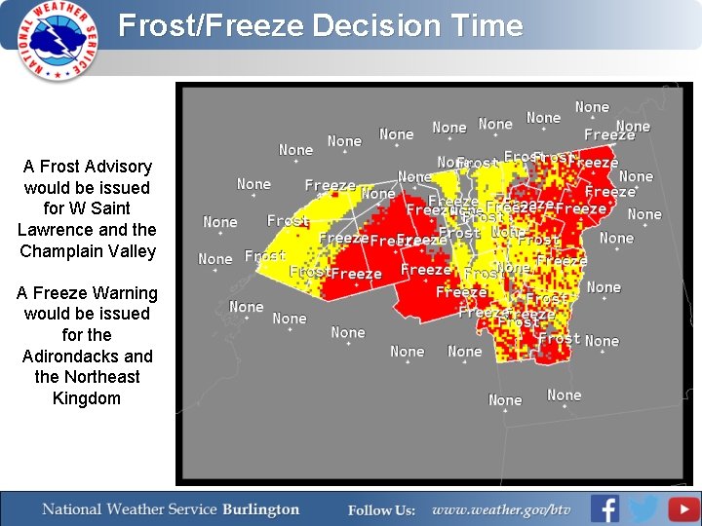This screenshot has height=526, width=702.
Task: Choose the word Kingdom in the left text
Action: [87, 398]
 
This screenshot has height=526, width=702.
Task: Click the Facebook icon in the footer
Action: [605, 508]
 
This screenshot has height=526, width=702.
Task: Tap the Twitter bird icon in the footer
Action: [643, 508]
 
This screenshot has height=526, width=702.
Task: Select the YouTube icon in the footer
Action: [683, 508]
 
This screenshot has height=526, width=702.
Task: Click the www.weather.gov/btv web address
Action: [501, 509]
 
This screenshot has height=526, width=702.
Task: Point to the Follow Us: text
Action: [381, 509]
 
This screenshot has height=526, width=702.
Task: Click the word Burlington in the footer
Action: [261, 509]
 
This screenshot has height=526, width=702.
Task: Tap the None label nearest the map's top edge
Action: [592, 107]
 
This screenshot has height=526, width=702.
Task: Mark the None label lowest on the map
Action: [505, 400]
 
